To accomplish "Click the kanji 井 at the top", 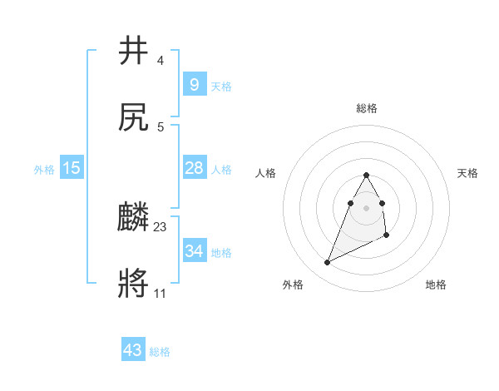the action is click(134, 51).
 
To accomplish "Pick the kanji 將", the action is click(134, 285).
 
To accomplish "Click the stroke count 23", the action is click(161, 226).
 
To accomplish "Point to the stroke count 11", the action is click(160, 293).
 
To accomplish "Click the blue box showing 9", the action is click(194, 85).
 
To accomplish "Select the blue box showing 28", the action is click(194, 169).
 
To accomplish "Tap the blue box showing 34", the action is click(194, 251).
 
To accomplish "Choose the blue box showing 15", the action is click(72, 169).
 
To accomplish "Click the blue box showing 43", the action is click(133, 350).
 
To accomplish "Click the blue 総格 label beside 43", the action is click(160, 352).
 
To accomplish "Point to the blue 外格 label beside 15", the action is click(44, 170).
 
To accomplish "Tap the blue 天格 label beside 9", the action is click(220, 87).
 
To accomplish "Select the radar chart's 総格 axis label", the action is click(366, 108).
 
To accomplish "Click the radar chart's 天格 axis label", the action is click(468, 173).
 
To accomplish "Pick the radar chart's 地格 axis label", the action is click(436, 285).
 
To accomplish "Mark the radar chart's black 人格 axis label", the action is click(265, 173).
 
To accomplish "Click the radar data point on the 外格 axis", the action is click(327, 263).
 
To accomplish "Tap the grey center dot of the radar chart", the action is click(366, 207).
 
